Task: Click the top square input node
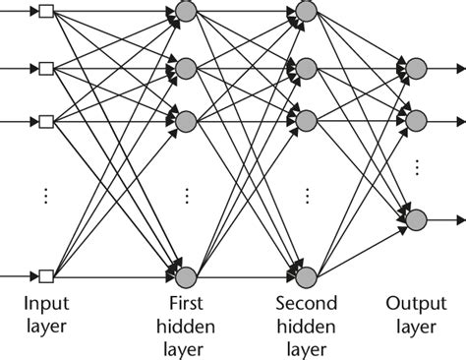44,13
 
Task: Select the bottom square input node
44,274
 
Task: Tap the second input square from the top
44,68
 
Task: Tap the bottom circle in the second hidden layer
305,274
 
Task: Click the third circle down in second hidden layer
305,121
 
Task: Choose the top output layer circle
416,68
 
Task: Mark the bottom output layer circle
416,218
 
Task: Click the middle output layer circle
416,121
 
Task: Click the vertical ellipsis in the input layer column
44,195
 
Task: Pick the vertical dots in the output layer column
416,168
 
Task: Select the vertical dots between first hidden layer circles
186,195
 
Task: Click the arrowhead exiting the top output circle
459,68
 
